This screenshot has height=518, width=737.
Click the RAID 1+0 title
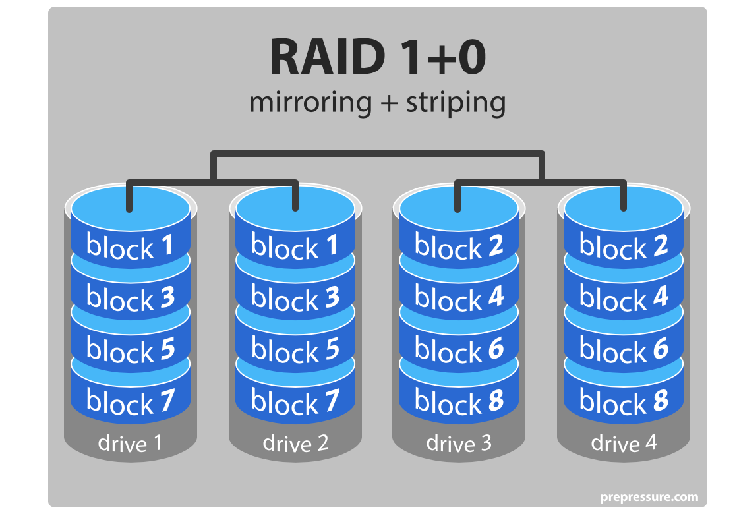pos(378,57)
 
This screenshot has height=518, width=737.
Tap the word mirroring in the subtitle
pos(310,103)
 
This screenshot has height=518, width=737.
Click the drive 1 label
pos(131,444)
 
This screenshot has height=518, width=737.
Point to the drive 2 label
pos(295,444)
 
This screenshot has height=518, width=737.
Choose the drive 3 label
pos(459,444)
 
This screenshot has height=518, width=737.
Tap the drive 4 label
pos(624,444)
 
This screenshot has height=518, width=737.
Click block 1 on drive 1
pos(131,246)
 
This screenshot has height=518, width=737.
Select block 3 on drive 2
pos(295,297)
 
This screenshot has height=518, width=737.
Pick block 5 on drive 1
pos(131,349)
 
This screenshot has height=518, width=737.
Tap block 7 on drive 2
pos(295,401)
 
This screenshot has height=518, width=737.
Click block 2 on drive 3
pos(459,246)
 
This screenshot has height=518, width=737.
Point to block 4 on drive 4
pos(624,297)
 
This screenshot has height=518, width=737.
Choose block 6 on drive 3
pos(459,349)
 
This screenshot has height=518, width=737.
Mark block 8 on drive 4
pos(624,401)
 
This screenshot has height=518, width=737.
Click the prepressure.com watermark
pos(649,498)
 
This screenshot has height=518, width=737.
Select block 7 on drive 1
pos(131,401)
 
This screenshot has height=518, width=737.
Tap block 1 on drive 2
pos(295,246)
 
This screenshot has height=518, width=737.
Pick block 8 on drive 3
pos(459,401)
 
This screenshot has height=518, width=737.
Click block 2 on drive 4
pos(624,246)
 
